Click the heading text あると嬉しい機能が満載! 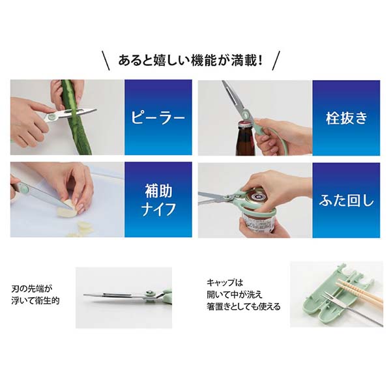[190, 61]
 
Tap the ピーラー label [158, 117]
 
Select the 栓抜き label [347, 118]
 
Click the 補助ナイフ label [158, 200]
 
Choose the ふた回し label [347, 201]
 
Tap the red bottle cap [246, 124]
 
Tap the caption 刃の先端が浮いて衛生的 [36, 295]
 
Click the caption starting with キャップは [243, 295]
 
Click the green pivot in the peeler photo [53, 116]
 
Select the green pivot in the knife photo [25, 187]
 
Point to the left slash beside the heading [106, 61]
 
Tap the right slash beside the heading [276, 61]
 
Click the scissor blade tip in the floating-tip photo [84, 295]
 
